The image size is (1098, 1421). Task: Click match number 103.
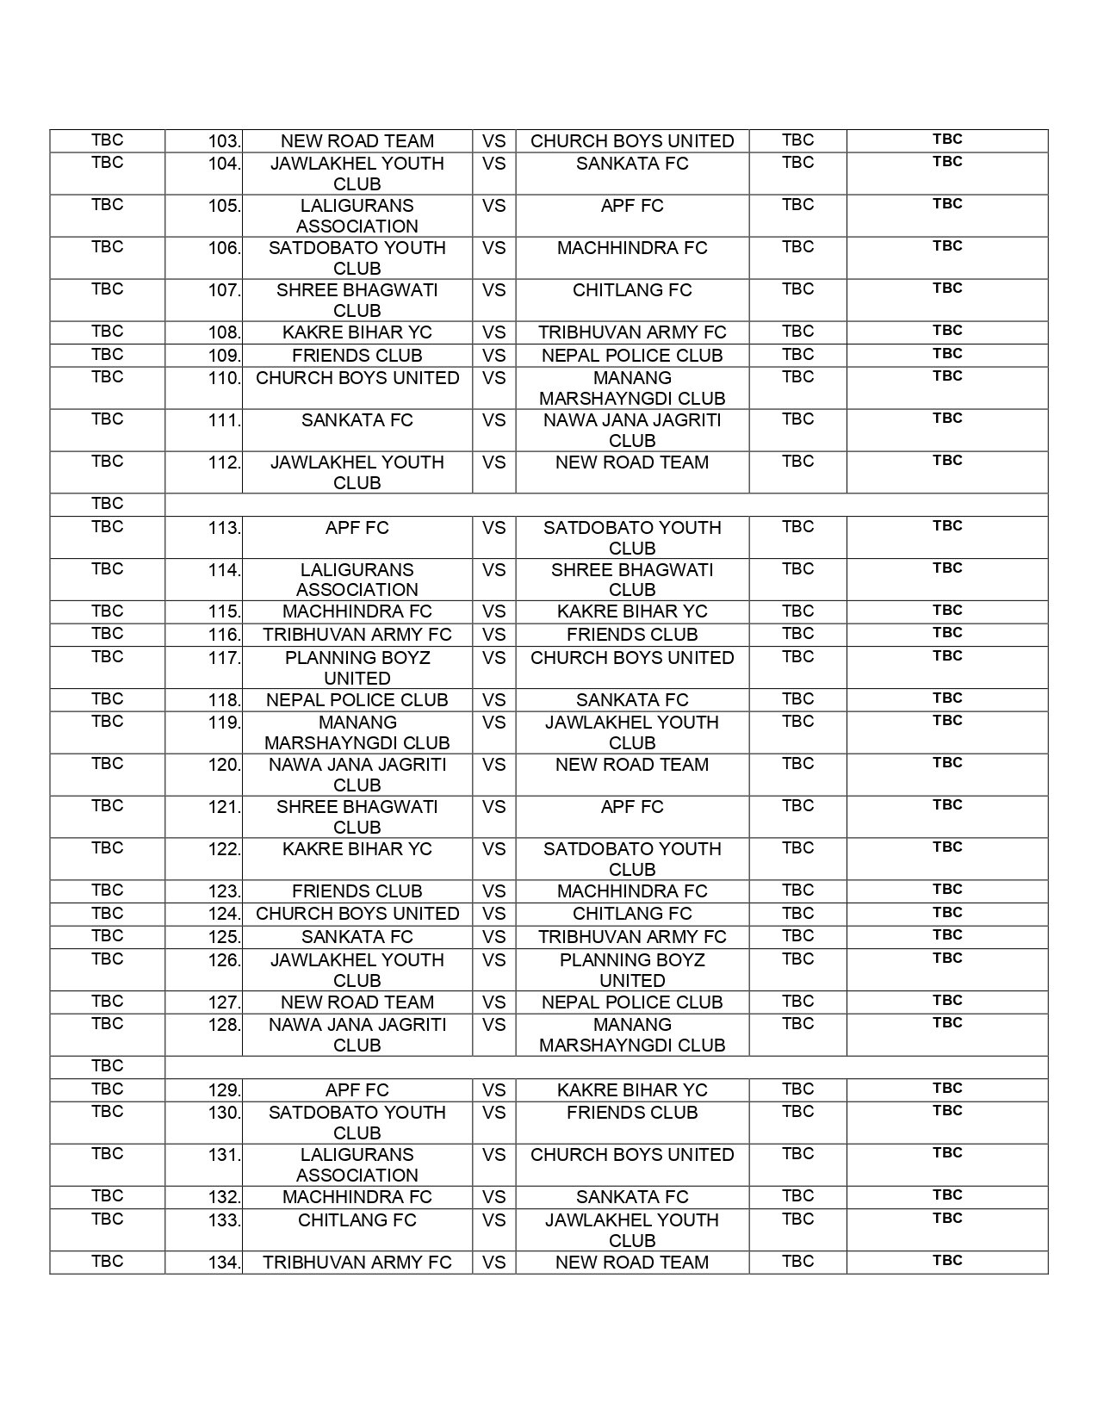pyautogui.click(x=224, y=141)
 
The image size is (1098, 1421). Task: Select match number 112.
pyautogui.click(x=224, y=462)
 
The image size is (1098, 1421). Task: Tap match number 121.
pyautogui.click(x=224, y=807)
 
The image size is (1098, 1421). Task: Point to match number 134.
pyautogui.click(x=224, y=1263)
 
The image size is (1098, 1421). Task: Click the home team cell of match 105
pyautogui.click(x=357, y=216)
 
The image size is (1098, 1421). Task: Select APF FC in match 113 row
pyautogui.click(x=357, y=528)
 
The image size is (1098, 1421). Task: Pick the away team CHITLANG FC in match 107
pyautogui.click(x=632, y=290)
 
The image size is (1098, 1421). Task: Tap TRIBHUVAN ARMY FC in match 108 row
pyautogui.click(x=632, y=332)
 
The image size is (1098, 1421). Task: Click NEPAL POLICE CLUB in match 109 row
pyautogui.click(x=632, y=356)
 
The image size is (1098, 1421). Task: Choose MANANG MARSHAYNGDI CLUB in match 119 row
pyautogui.click(x=357, y=733)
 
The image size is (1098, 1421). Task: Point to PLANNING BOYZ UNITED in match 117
pyautogui.click(x=357, y=667)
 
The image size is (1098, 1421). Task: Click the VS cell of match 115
pyautogui.click(x=493, y=611)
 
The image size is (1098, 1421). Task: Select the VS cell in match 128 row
pyautogui.click(x=493, y=1025)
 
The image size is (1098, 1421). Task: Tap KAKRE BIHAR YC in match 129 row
pyautogui.click(x=632, y=1090)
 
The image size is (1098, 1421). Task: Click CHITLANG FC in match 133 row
pyautogui.click(x=357, y=1220)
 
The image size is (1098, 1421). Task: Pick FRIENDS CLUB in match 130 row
pyautogui.click(x=632, y=1113)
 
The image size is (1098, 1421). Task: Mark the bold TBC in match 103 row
pyautogui.click(x=947, y=140)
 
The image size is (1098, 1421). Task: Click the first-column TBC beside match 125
pyautogui.click(x=107, y=936)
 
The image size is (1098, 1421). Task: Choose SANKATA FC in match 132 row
pyautogui.click(x=632, y=1197)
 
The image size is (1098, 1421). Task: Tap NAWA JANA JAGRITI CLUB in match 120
pyautogui.click(x=357, y=775)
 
